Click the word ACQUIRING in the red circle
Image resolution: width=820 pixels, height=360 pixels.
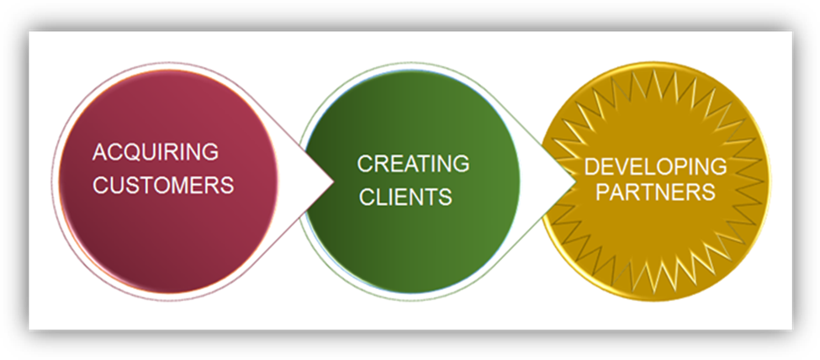[155, 153]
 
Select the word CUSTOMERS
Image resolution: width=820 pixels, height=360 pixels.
[163, 185]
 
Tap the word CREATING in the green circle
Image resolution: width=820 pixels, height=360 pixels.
[413, 164]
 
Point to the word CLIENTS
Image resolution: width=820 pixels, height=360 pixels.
[405, 198]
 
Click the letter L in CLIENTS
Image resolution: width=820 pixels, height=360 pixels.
[379, 198]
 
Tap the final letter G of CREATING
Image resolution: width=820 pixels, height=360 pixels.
[461, 164]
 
